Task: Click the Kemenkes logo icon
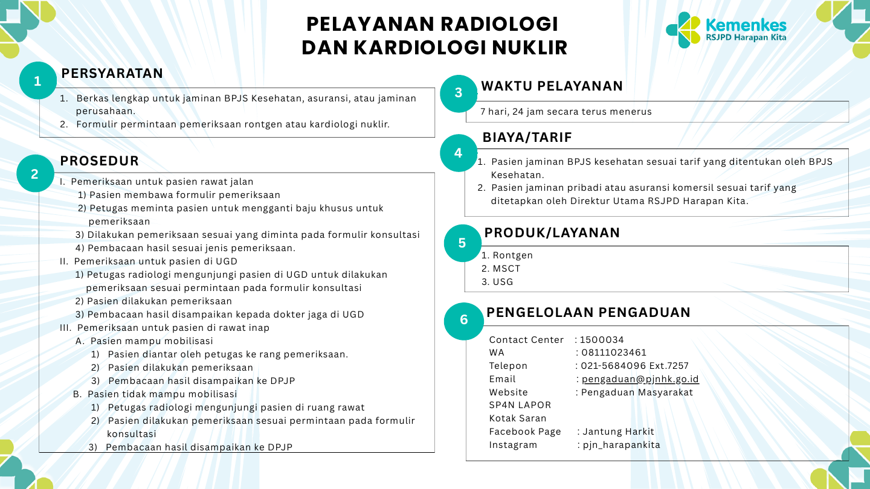point(683,30)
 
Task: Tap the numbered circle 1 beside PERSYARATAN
point(37,81)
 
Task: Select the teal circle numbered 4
point(459,153)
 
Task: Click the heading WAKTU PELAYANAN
point(552,86)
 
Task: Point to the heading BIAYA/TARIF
point(527,138)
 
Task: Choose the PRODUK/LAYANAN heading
point(552,232)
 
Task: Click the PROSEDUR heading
point(100,161)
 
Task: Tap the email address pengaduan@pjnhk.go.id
point(640,379)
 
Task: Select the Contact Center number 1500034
point(602,340)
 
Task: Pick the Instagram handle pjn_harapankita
point(622,445)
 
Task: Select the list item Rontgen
point(513,255)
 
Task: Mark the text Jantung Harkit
point(618,432)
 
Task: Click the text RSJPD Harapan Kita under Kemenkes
point(746,37)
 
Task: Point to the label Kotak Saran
point(518,418)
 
